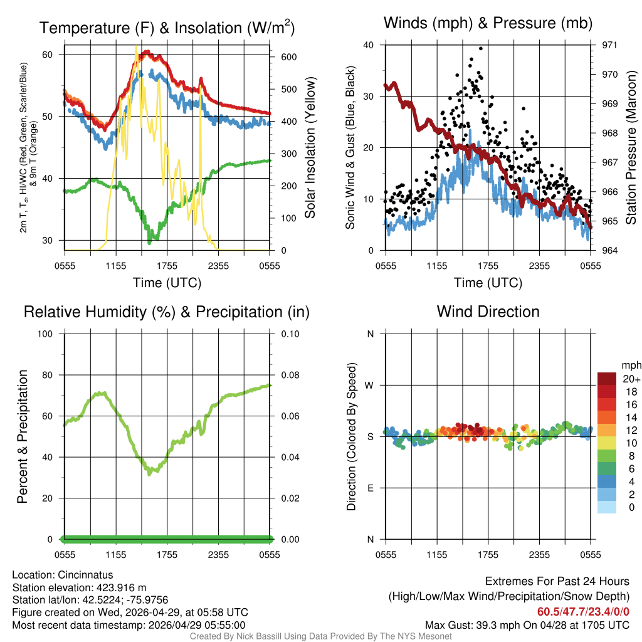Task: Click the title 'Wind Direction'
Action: [488, 312]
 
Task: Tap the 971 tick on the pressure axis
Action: [600, 45]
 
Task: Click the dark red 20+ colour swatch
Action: [606, 379]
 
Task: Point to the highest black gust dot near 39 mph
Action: [481, 48]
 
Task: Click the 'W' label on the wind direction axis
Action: [370, 385]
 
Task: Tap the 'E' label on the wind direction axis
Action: [370, 488]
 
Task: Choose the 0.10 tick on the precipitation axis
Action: [289, 334]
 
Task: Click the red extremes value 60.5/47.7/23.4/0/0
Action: [583, 611]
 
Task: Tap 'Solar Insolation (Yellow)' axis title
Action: [310, 148]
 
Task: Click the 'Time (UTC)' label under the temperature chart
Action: [167, 283]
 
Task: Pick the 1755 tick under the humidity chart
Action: [167, 554]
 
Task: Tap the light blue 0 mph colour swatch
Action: [606, 507]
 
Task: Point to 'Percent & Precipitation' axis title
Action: [23, 436]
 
